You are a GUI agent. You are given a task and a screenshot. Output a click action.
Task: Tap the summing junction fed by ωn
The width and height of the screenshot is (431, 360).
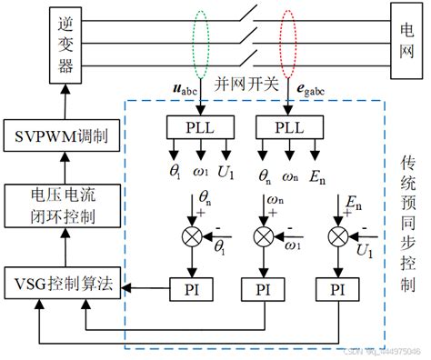pyautogui.click(x=264, y=238)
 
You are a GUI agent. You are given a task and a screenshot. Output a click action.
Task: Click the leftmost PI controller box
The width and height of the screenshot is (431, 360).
pyautogui.click(x=190, y=289)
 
